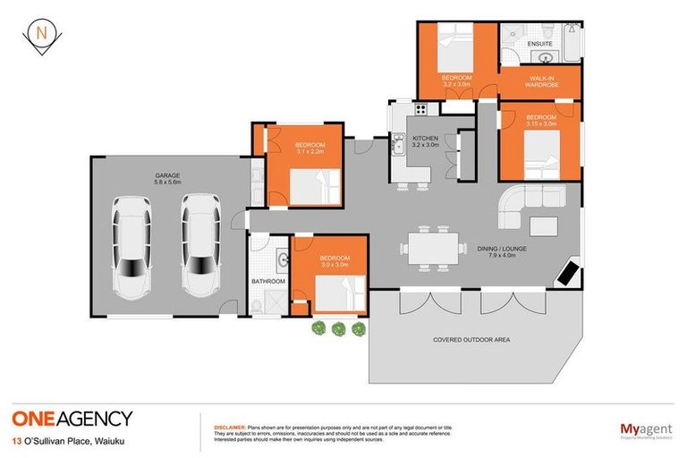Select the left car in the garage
coord(132,247)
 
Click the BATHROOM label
coord(268,282)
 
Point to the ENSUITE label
coord(540,42)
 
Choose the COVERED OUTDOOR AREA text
coord(471,340)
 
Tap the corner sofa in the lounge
coord(522,210)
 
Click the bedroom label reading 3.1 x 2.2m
coord(310,148)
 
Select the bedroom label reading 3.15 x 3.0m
coord(541,121)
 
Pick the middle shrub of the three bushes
coord(338,329)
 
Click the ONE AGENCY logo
coord(72,418)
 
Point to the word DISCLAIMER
coord(230,427)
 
